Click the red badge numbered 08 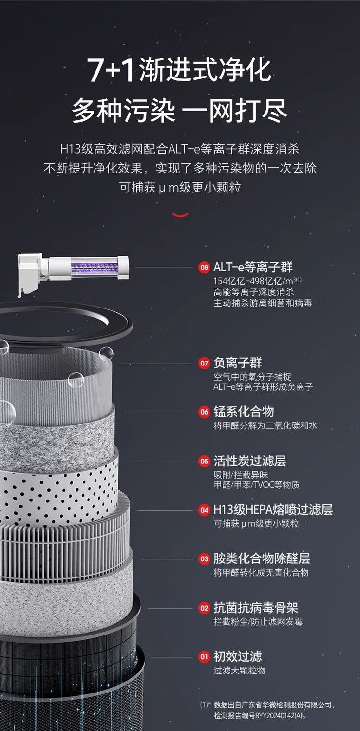(204, 268)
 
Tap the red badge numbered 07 (204, 363)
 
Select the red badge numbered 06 (204, 412)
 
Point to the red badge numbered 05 (204, 461)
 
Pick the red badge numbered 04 (204, 510)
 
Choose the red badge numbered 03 (204, 559)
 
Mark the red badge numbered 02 (204, 608)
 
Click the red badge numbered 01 (204, 657)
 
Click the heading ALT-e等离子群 (253, 267)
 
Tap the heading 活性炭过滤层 (250, 461)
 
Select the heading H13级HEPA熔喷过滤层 (273, 510)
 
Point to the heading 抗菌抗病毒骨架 (256, 608)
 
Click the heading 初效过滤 (238, 656)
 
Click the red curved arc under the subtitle (180, 215)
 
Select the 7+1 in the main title (112, 71)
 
